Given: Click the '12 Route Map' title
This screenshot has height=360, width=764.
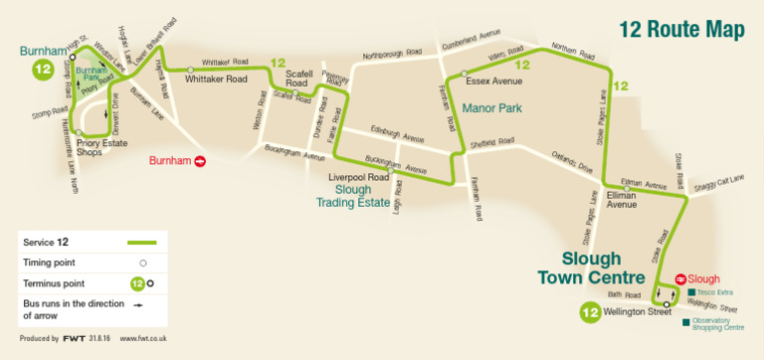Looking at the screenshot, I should tap(681, 30).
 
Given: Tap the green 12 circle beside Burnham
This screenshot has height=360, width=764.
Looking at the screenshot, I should tap(43, 70).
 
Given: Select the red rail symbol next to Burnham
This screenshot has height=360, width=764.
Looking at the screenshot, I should tap(200, 159).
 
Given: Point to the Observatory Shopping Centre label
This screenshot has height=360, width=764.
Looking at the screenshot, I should tap(717, 323).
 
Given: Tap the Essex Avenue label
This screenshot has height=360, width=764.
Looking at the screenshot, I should tap(494, 82).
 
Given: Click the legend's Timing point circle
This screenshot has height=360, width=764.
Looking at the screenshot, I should tap(142, 263).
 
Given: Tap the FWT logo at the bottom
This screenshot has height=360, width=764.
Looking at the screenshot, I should tap(74, 339).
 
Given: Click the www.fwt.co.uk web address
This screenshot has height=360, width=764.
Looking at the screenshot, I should tap(143, 339).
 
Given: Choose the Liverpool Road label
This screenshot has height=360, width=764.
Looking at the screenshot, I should tap(358, 177).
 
